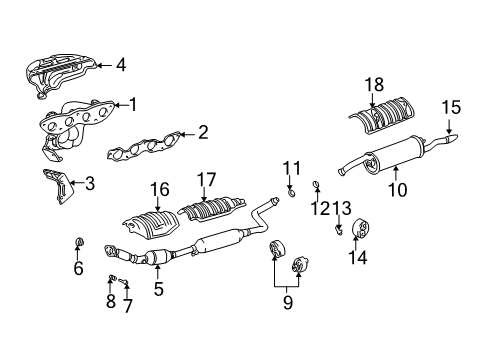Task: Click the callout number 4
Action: tap(121, 66)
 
